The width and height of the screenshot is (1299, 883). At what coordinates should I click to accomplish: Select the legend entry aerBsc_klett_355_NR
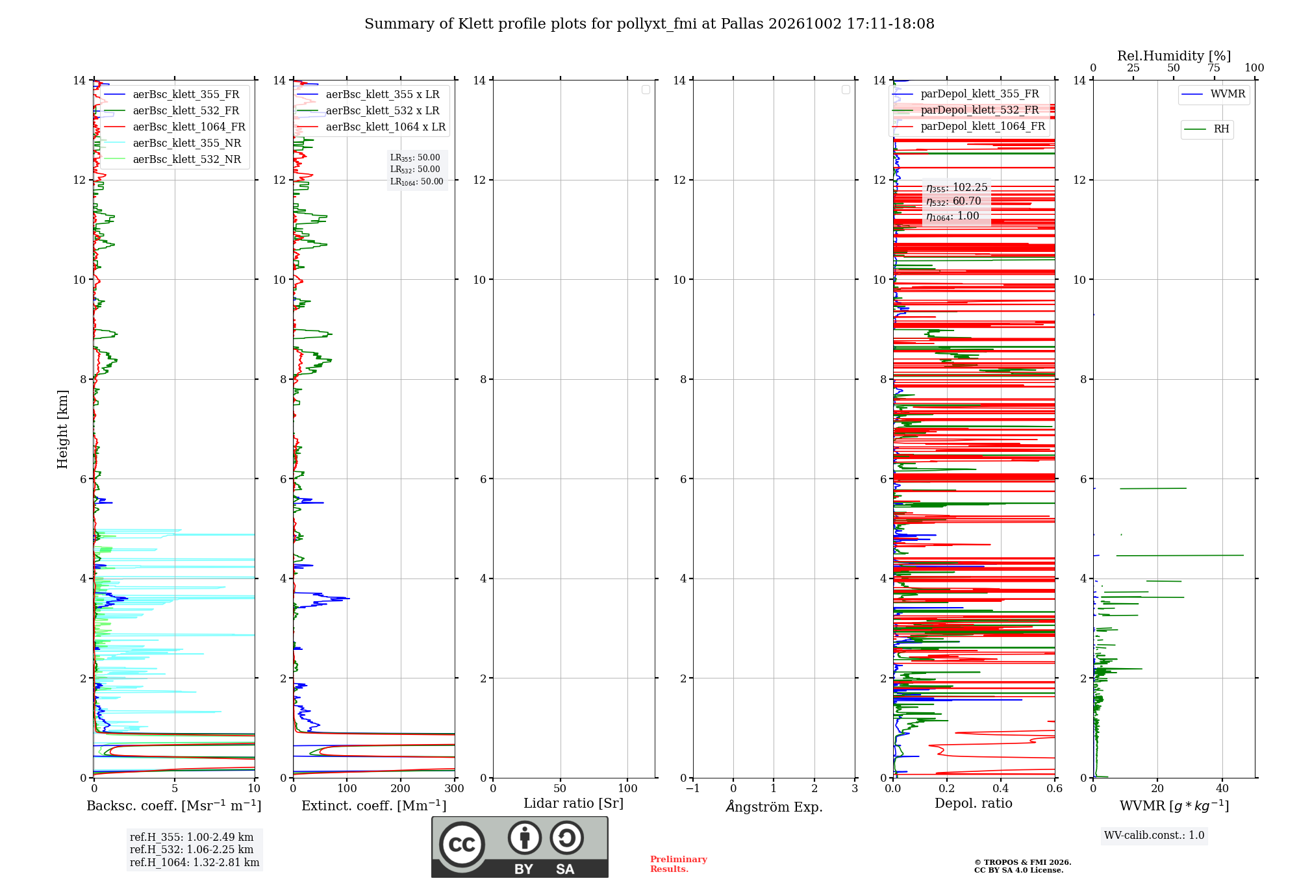tap(173, 143)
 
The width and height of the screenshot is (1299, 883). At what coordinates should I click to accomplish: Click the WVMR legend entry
tap(1213, 94)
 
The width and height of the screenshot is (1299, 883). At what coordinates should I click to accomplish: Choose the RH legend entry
tap(1207, 129)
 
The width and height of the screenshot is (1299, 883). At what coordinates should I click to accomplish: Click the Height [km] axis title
tap(62, 429)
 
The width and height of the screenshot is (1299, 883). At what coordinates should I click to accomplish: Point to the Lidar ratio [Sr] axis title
tap(574, 803)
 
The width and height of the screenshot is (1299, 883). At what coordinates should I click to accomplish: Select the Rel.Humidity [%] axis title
tap(1174, 56)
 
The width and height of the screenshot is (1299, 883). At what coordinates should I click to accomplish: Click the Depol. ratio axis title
tap(974, 803)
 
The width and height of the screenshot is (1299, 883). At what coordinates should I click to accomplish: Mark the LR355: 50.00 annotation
tap(415, 158)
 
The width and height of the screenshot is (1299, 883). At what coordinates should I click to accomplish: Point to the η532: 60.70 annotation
tap(953, 201)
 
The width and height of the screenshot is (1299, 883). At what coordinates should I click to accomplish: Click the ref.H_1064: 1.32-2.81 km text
tap(194, 862)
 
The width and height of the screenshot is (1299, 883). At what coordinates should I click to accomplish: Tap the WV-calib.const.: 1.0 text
tap(1154, 836)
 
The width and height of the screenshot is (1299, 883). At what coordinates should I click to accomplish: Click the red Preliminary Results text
tap(679, 864)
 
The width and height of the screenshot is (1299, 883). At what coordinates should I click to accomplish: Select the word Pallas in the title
tap(742, 24)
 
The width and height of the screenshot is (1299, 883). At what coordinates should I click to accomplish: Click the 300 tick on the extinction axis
tap(455, 788)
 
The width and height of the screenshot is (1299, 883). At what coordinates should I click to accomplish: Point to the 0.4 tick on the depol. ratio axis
tap(1001, 788)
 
